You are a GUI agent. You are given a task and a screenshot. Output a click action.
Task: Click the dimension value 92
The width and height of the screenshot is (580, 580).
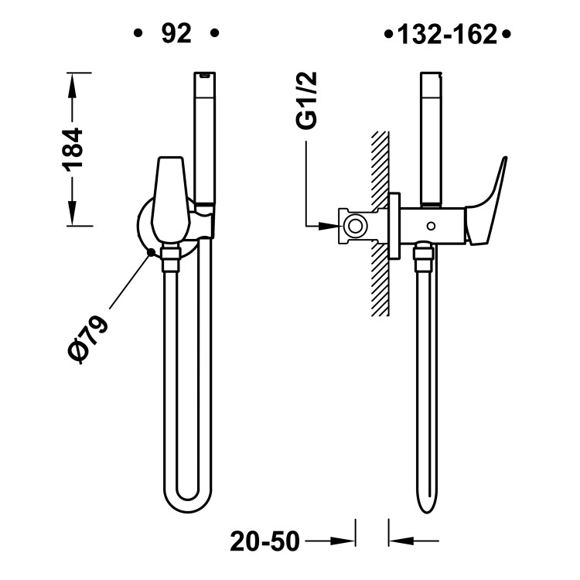tap(176, 34)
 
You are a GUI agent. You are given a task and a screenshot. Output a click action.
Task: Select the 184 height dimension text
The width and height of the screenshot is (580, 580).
tap(73, 148)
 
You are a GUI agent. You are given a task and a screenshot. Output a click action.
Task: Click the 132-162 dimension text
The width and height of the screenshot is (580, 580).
tap(448, 36)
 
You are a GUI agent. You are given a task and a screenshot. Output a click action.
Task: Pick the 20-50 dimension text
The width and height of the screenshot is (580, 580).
tap(264, 541)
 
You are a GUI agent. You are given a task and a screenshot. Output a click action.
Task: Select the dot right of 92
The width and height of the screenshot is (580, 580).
tap(214, 34)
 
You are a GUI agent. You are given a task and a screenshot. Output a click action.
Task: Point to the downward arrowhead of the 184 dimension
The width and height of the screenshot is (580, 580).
tap(73, 213)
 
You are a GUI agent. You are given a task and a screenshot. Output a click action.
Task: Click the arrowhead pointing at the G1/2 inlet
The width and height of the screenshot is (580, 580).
tap(329, 226)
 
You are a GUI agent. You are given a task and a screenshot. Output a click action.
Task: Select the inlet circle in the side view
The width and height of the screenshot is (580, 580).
tap(356, 226)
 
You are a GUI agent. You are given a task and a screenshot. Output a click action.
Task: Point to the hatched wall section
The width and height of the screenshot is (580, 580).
tap(380, 224)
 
